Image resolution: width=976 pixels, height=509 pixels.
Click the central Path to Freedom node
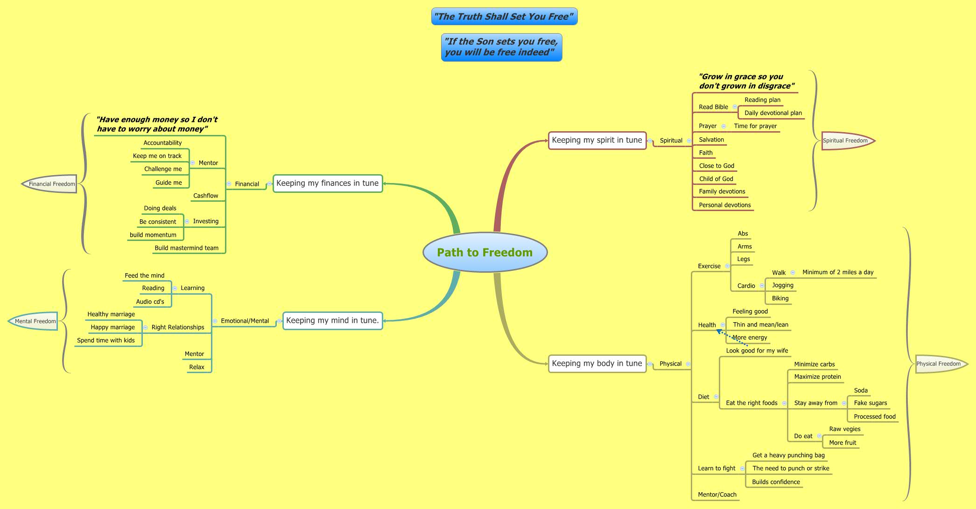484,252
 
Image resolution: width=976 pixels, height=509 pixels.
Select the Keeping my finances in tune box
327,183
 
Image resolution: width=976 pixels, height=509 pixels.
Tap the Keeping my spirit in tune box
597,140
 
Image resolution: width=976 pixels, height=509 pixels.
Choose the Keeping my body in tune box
597,363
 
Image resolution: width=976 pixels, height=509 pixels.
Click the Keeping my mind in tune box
332,320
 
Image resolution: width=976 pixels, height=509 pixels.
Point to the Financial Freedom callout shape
51,184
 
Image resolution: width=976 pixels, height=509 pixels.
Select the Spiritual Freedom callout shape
846,141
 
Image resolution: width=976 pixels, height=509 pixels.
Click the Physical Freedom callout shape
939,364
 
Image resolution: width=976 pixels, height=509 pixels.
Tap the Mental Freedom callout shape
35,321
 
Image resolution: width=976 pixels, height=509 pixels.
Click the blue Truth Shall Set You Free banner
504,17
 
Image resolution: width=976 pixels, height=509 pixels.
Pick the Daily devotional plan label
773,113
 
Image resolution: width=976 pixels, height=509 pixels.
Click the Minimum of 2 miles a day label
838,272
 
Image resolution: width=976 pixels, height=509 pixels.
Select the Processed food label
874,417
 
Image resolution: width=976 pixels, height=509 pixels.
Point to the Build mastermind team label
186,248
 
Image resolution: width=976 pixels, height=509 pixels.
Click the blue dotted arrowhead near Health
719,332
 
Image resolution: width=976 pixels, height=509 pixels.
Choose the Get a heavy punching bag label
788,455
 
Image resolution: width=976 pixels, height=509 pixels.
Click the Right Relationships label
178,327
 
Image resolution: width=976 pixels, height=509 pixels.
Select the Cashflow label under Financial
205,196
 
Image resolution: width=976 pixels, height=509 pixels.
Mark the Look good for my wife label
757,351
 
